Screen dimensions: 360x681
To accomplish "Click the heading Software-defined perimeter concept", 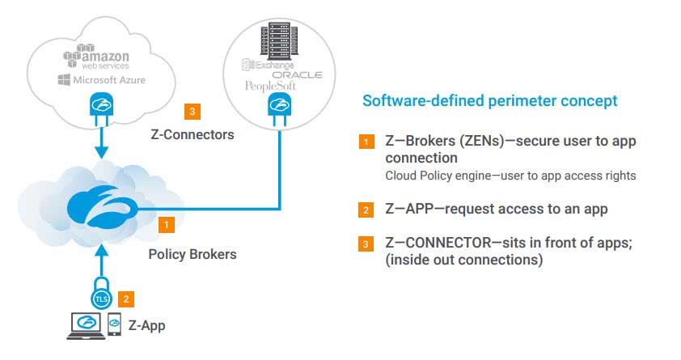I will pyautogui.click(x=489, y=101).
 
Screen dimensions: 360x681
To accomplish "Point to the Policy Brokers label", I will pyautogui.click(x=192, y=254).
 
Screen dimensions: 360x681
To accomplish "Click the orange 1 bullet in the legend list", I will pyautogui.click(x=366, y=142).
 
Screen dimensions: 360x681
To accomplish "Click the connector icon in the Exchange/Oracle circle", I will pyautogui.click(x=278, y=109).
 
